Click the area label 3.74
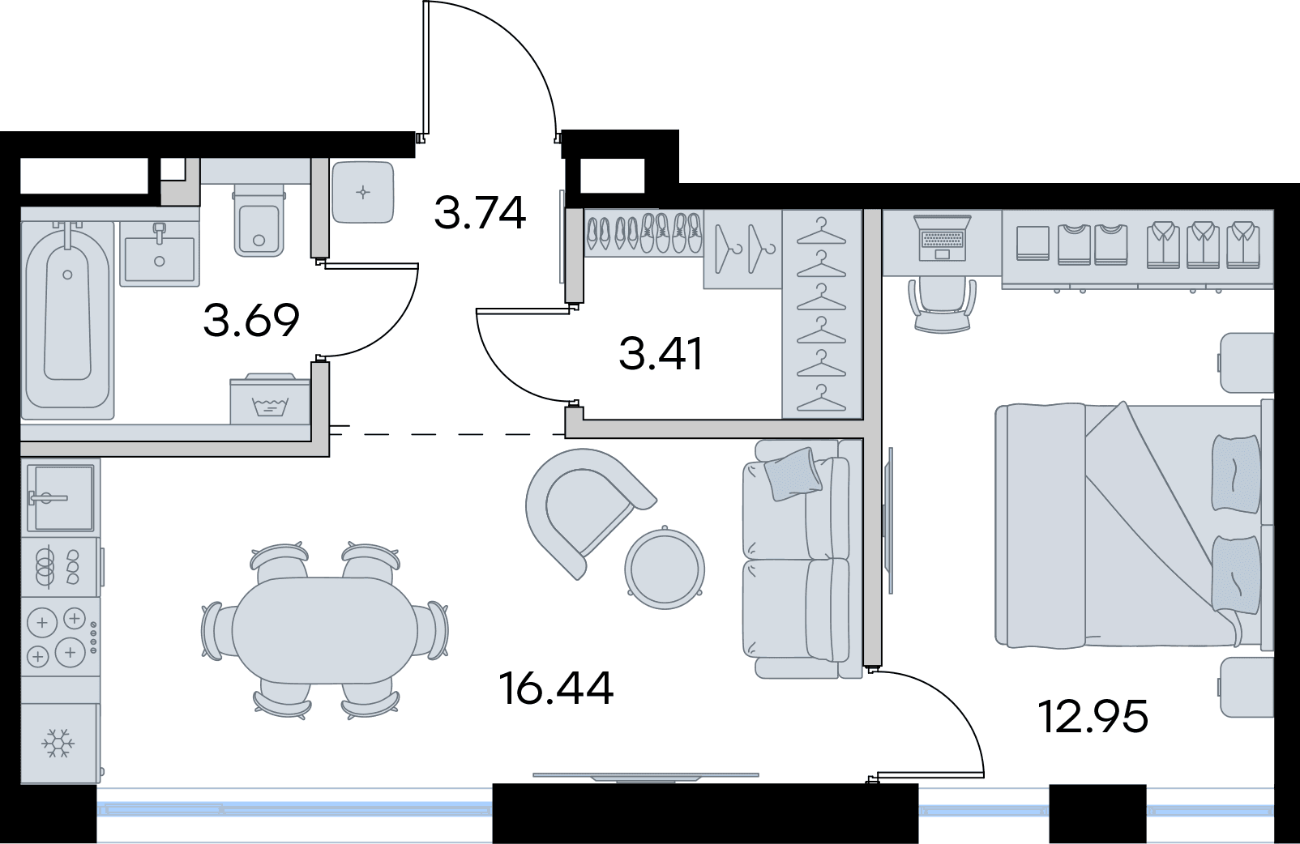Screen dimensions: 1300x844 click(480, 213)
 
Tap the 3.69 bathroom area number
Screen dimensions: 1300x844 click(251, 320)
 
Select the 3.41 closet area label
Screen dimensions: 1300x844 click(661, 354)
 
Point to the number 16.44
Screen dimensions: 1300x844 click(556, 688)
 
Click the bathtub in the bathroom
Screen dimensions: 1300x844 click(67, 320)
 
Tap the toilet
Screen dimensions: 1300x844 click(259, 220)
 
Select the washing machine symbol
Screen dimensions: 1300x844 click(270, 399)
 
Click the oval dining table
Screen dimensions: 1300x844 click(325, 631)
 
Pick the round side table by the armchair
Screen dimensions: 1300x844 click(665, 566)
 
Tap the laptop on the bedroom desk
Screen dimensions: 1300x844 click(942, 238)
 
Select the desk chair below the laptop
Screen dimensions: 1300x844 click(943, 304)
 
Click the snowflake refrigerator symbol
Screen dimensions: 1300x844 click(58, 743)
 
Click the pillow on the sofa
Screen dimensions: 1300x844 click(793, 473)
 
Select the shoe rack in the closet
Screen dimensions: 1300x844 click(644, 233)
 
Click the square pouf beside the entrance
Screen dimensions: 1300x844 click(363, 192)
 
